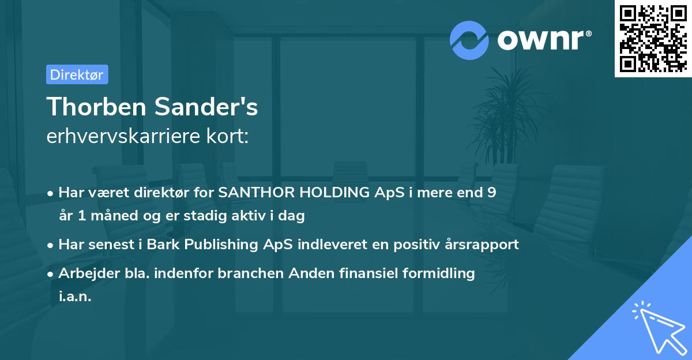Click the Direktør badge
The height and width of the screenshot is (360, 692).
point(77,74)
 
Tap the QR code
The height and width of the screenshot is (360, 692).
point(653,38)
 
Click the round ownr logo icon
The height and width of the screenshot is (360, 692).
point(469,40)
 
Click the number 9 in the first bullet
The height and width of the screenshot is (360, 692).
point(492,193)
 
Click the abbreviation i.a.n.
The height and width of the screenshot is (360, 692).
point(75,297)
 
